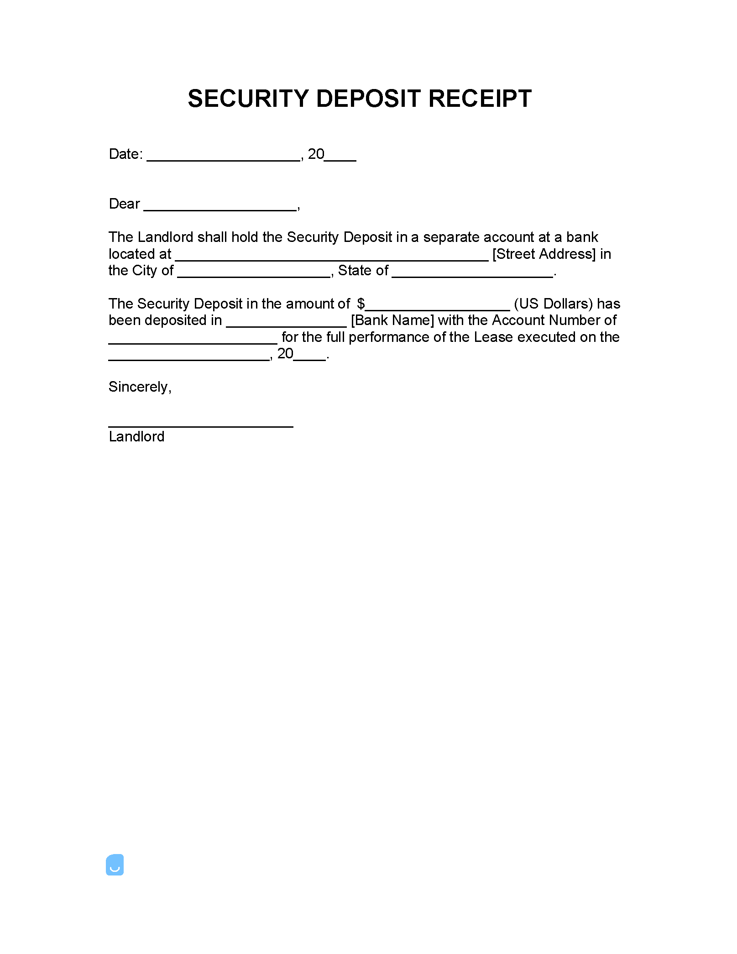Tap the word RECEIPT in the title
480,99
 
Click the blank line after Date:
224,157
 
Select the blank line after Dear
220,206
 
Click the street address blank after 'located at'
332,257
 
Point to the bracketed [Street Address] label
544,254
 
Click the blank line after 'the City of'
254,273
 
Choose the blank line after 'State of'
472,273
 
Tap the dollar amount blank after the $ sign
437,306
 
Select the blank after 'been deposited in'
286,323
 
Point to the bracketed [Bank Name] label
392,320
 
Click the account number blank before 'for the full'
193,340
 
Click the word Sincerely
139,387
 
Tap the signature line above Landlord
201,424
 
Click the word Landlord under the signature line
136,437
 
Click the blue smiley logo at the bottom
115,865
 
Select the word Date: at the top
126,154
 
